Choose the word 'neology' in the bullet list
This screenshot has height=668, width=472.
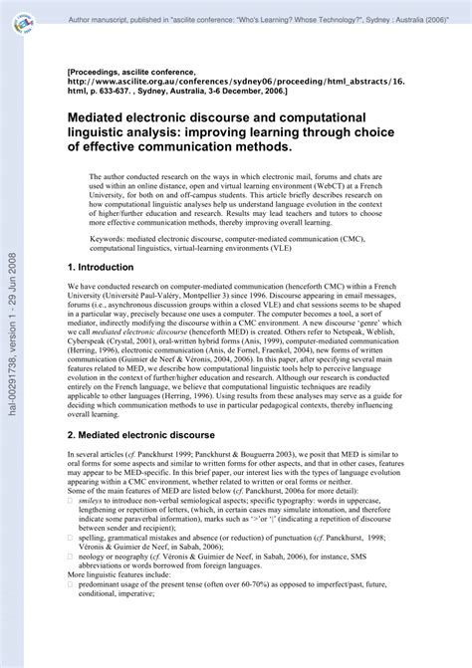point(94,614)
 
